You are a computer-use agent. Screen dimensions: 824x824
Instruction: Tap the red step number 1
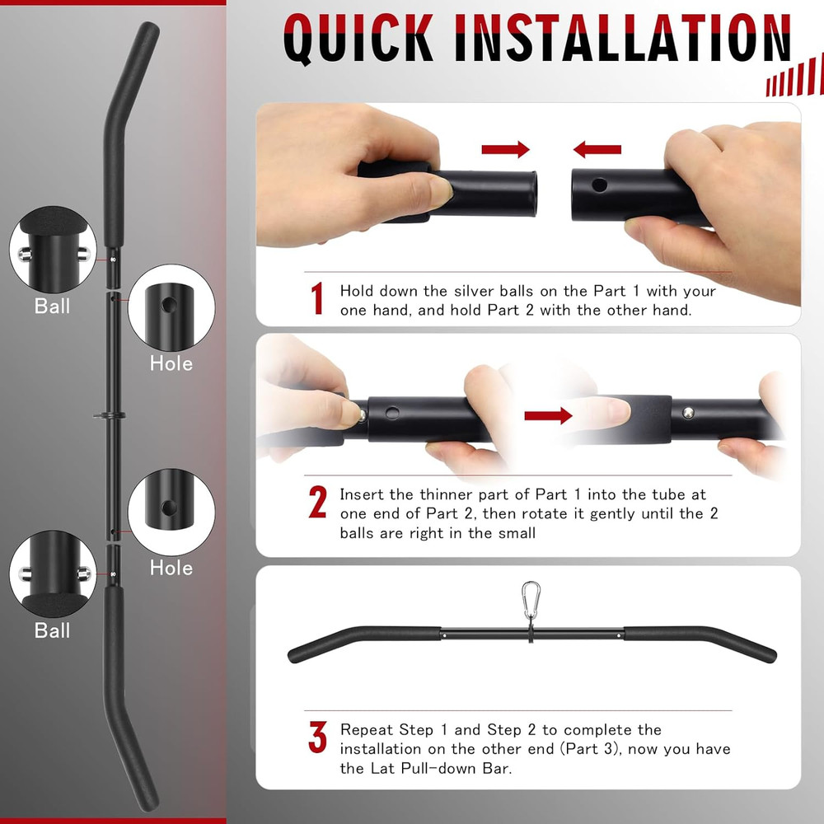[317, 300]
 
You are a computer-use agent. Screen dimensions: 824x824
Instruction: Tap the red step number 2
[317, 503]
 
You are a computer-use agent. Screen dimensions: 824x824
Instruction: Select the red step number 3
[317, 738]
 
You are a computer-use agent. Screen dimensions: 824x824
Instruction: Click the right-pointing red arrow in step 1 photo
[505, 149]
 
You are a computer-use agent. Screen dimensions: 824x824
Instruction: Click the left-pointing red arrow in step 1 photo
[597, 149]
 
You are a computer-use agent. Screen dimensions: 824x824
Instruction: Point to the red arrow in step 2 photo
[548, 415]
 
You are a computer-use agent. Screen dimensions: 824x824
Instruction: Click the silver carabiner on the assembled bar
[531, 595]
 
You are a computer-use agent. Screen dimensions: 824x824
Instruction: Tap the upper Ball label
[52, 306]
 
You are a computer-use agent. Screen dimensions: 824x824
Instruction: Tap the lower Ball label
[52, 630]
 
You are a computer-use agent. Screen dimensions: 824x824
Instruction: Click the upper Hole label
[171, 363]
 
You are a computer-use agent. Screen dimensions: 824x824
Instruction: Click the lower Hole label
[171, 568]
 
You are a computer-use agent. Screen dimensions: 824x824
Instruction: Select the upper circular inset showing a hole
[171, 307]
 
